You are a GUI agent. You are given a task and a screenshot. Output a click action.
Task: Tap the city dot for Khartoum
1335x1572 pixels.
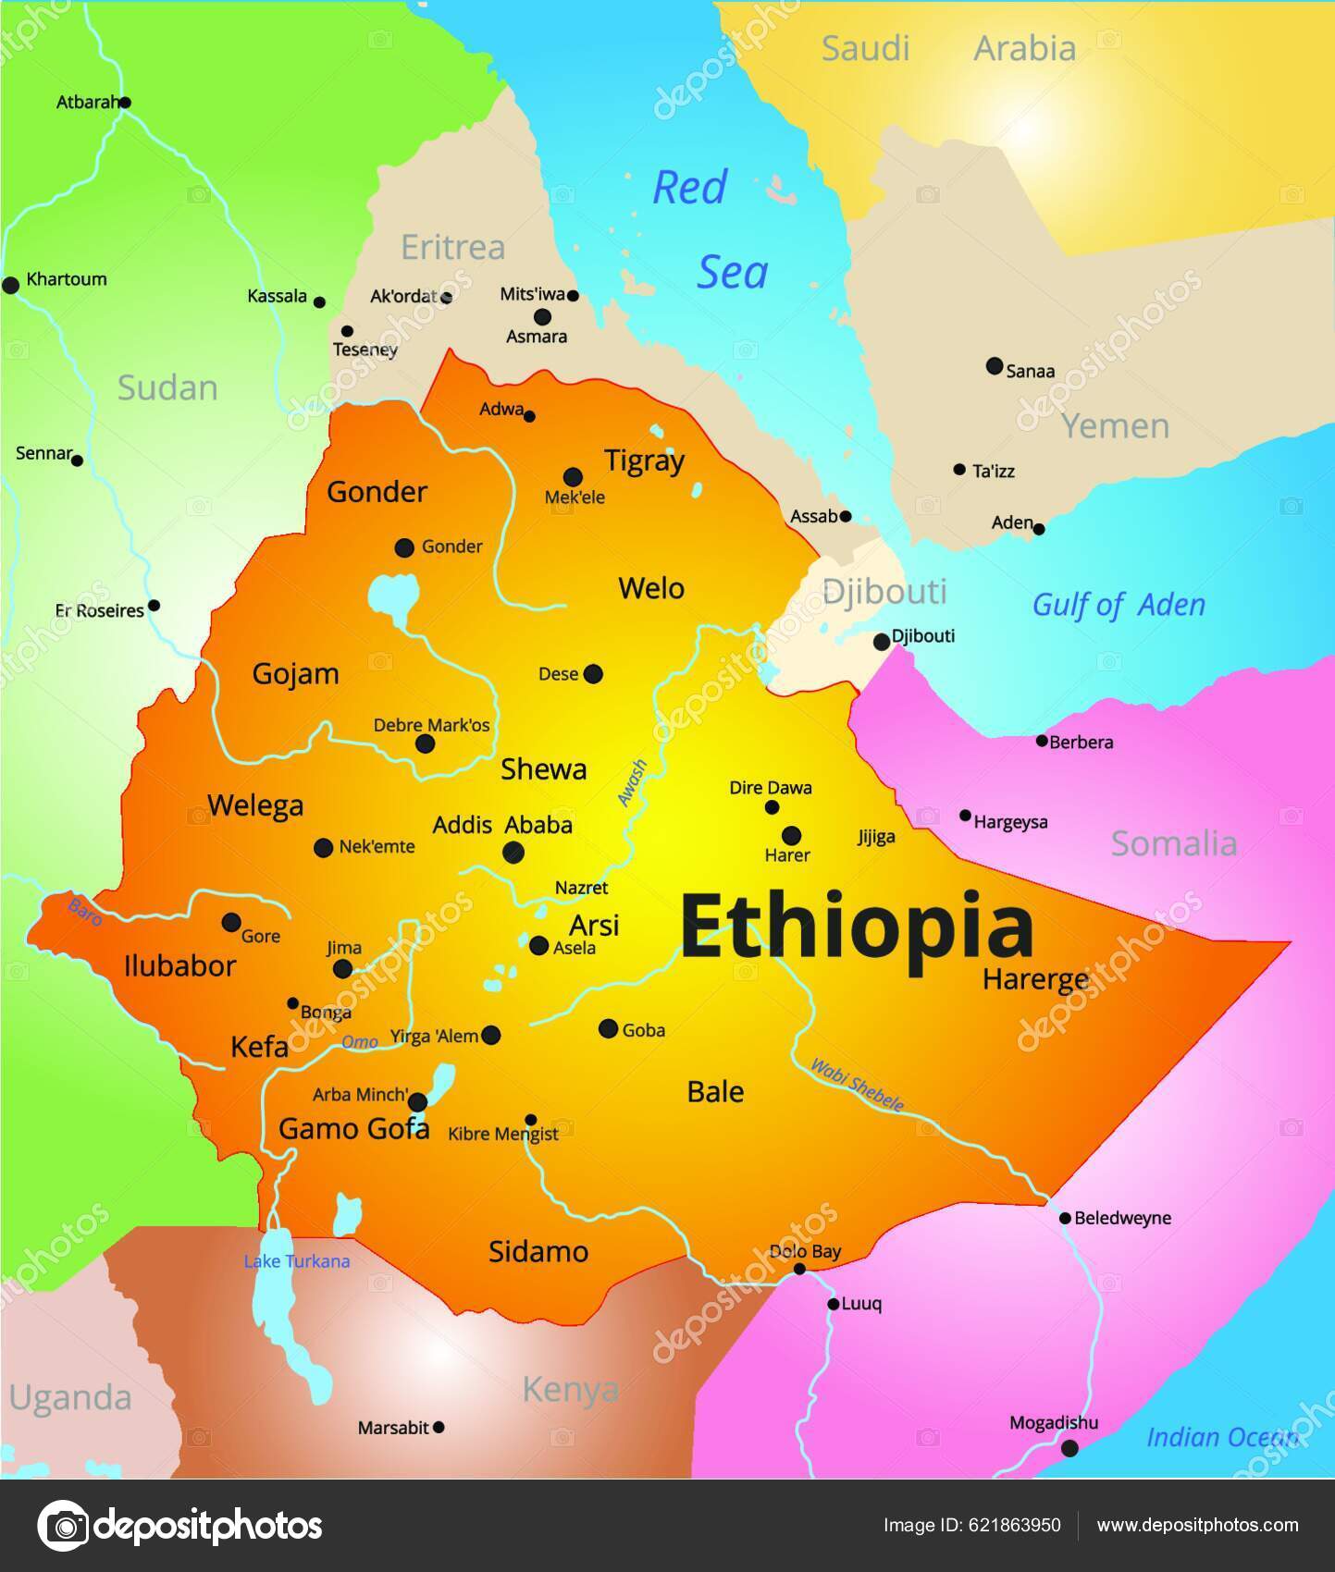point(11,286)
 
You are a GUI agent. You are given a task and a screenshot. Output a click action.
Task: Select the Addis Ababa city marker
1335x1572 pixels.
point(513,853)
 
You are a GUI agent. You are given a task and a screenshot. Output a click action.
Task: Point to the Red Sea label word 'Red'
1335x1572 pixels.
point(689,188)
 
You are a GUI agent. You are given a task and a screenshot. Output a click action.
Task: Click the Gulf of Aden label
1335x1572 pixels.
point(1119,605)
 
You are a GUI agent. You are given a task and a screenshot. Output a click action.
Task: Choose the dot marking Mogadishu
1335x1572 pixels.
point(1069,1448)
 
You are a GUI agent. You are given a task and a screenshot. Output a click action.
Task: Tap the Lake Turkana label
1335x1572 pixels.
point(296,1261)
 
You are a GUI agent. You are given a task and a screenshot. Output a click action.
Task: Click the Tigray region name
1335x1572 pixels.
point(644,461)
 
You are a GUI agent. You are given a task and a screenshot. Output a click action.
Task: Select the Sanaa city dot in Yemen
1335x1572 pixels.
point(995,366)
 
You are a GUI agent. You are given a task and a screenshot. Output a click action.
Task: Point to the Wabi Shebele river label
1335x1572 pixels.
point(857,1084)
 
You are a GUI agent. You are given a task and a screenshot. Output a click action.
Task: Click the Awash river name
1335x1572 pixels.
point(632,783)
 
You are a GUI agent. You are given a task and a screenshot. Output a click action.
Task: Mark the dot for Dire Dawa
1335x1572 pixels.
point(772,807)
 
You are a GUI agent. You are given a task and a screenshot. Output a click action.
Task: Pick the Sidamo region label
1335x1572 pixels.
point(538,1251)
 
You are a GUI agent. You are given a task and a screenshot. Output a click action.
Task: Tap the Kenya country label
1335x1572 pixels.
point(570,1389)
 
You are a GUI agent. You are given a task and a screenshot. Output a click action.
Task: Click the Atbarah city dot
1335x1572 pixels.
point(125,103)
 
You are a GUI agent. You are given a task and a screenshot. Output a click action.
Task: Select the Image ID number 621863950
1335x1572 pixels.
point(1007,1525)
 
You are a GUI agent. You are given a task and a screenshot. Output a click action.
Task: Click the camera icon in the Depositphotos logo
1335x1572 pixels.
point(62,1526)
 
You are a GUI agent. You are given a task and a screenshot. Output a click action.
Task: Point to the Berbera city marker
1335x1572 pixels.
point(1042,741)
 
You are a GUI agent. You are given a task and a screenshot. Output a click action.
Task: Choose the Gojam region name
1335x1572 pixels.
point(295,674)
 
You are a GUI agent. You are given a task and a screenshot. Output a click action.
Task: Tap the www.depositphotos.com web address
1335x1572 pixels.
point(1197,1525)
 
